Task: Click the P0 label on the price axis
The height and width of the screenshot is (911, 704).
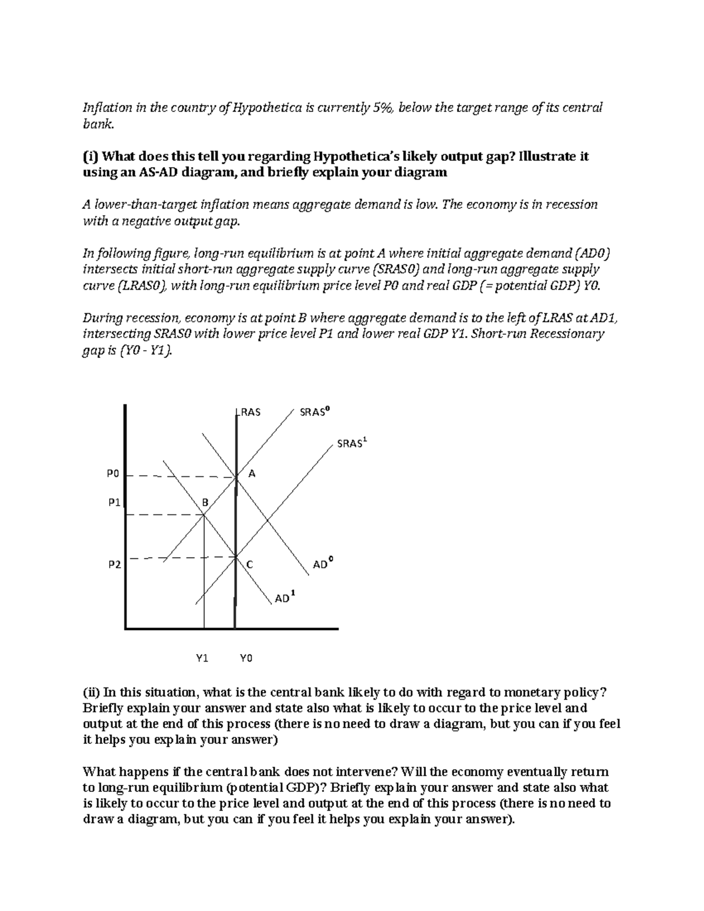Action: [113, 473]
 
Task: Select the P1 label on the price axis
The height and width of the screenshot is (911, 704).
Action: [114, 502]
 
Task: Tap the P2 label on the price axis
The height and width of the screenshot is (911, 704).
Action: [114, 564]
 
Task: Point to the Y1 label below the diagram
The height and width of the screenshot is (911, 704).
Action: [202, 658]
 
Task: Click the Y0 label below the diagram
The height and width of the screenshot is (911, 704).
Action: [246, 658]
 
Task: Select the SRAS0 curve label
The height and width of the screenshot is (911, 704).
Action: [314, 412]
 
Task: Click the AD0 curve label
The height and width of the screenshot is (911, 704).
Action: [322, 564]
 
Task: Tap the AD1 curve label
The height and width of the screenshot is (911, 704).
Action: [285, 598]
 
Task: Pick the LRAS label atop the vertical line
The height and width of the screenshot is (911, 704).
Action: [249, 412]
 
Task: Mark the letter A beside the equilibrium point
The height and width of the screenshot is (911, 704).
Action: [252, 473]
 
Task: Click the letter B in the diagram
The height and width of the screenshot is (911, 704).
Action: [205, 502]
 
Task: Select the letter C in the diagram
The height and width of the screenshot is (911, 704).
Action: [249, 564]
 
